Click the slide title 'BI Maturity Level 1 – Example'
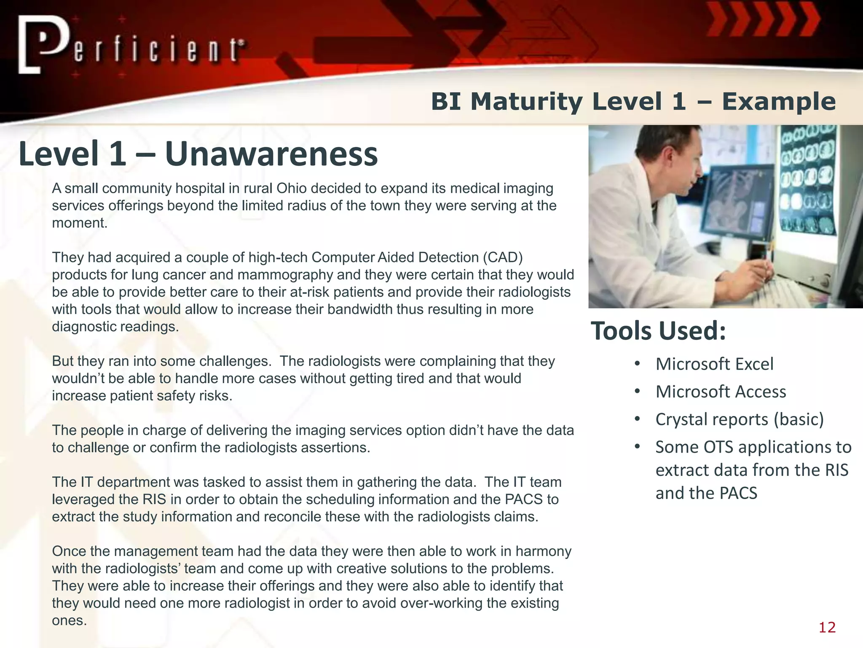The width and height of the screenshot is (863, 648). coord(633,102)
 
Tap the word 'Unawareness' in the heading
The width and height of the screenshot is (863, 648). coord(271,154)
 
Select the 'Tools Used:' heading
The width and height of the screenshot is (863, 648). coord(658,330)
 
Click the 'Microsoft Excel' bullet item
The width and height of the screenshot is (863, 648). coord(714,364)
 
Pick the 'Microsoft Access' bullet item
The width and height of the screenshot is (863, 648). coord(721,391)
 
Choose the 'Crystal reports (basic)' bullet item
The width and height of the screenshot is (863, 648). coord(740,419)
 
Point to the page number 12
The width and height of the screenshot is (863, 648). coord(827,627)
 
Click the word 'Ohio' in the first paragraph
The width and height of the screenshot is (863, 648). coord(291,188)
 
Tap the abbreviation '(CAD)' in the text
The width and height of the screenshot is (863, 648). coord(503,257)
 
